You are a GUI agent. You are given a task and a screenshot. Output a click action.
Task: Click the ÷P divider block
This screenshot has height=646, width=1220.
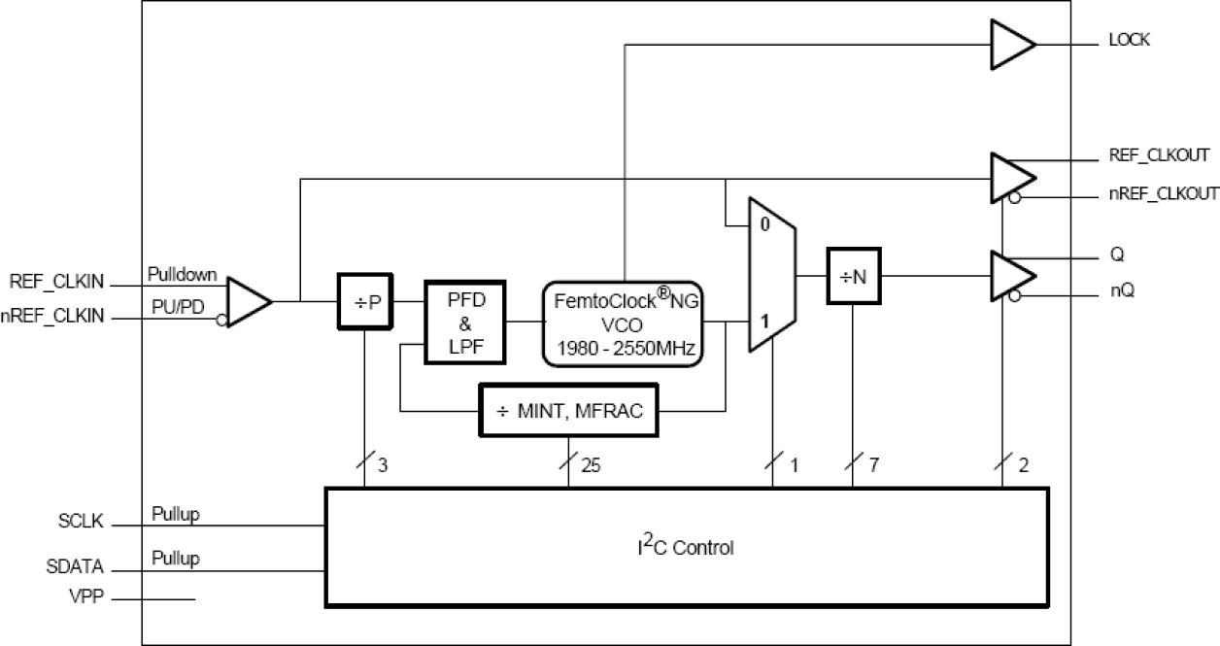[363, 301]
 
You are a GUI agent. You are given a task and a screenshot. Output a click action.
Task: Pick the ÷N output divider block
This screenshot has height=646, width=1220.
[854, 277]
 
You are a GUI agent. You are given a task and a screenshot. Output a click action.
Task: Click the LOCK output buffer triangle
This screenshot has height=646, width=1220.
[1010, 45]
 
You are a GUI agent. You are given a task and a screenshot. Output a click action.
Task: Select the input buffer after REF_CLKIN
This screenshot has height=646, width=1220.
[246, 301]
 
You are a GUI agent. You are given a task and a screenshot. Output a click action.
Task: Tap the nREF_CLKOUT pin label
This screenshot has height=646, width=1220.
[1162, 194]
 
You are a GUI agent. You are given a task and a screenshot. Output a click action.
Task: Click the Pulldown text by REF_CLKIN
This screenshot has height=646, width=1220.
[182, 275]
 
